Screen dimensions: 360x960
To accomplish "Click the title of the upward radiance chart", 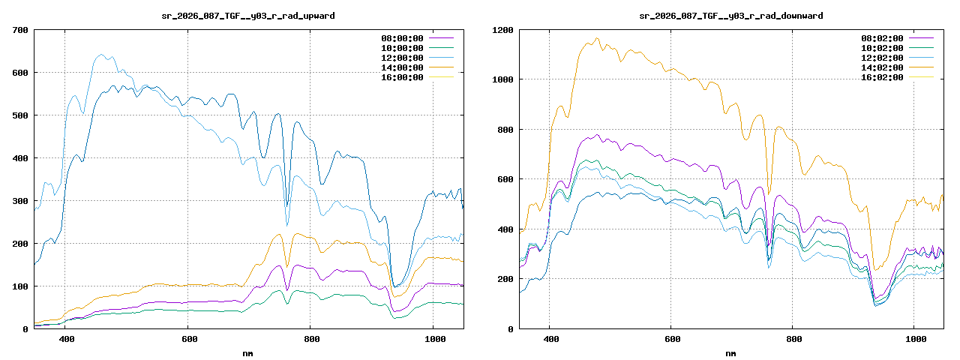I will [x=249, y=16].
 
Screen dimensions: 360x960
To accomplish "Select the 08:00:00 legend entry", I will [x=402, y=37].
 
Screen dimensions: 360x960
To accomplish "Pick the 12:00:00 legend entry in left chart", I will [x=402, y=58].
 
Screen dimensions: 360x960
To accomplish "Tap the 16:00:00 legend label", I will [x=402, y=77].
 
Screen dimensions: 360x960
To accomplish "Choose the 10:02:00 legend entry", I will [x=882, y=48].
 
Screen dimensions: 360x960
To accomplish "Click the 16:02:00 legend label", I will [x=882, y=77].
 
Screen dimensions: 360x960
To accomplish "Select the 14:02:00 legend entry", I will [x=882, y=67].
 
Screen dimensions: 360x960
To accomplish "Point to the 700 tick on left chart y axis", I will [x=20, y=30].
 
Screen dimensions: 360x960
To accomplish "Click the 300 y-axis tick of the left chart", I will [x=20, y=201].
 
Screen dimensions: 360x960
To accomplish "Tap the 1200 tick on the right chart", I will [x=502, y=30].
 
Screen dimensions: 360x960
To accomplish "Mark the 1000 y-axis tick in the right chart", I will [x=502, y=79].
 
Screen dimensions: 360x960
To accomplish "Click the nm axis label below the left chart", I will [x=248, y=352].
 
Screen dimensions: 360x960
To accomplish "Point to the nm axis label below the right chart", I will [x=730, y=352].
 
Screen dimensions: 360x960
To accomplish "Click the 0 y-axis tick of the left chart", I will [x=25, y=328].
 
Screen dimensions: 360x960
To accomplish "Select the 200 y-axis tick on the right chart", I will [x=505, y=279].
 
